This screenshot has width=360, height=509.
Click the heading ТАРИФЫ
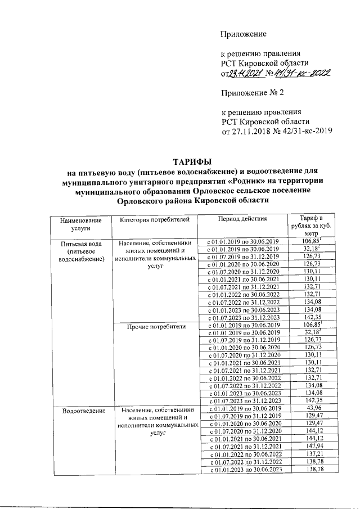pos(191,163)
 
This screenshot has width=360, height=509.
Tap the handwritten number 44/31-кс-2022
pos(303,72)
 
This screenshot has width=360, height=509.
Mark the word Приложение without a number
pos(244,34)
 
